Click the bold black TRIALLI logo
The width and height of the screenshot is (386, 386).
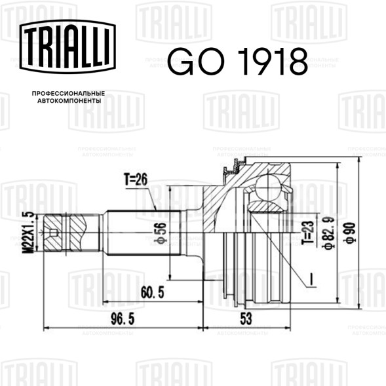click(x=68, y=47)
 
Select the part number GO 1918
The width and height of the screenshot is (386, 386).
click(x=238, y=62)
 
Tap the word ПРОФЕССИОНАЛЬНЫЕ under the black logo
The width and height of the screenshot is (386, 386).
click(x=68, y=94)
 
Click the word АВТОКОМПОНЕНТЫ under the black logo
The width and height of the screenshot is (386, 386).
click(x=69, y=101)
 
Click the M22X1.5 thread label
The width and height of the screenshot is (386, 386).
click(x=29, y=233)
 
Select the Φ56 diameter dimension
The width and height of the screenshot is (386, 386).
click(x=161, y=233)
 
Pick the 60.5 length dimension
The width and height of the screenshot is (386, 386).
click(x=153, y=293)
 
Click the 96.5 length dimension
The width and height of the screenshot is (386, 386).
click(x=123, y=319)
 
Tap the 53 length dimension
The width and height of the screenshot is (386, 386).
click(x=246, y=318)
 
